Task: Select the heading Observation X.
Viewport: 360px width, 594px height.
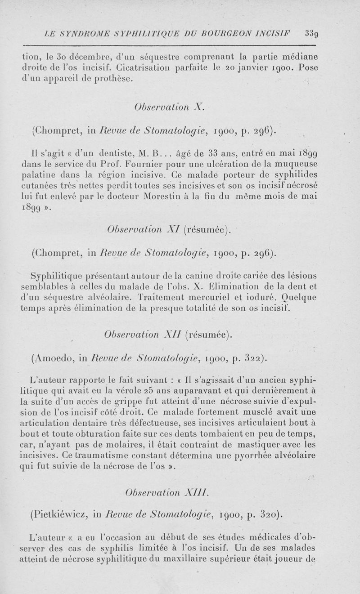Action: click(170, 107)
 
